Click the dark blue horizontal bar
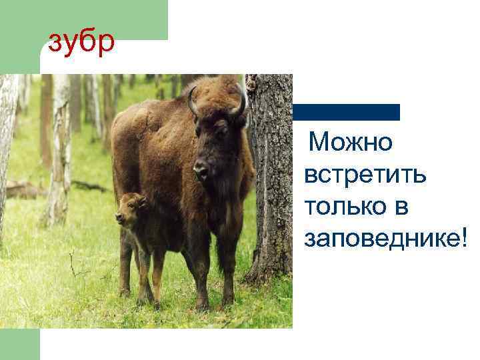click(x=346, y=112)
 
